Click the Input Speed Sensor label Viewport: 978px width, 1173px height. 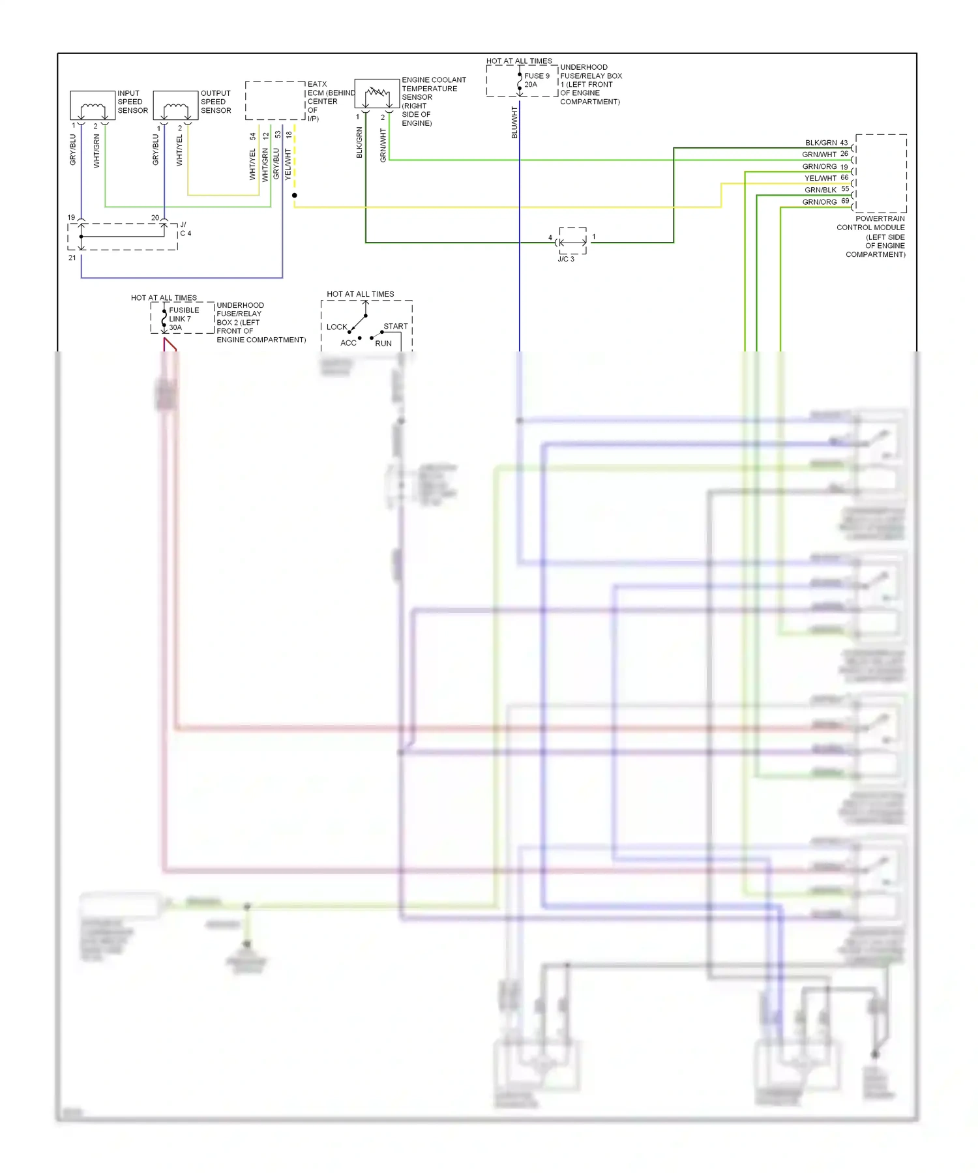pos(132,102)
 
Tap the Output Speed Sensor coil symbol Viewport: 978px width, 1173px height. pos(175,108)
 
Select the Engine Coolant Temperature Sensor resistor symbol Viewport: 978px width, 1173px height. pos(377,94)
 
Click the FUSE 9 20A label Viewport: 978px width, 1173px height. pos(537,80)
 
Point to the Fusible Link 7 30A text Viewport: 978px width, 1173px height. pos(184,319)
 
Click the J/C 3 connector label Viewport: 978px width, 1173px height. pos(566,259)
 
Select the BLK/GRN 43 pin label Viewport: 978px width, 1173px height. pos(826,143)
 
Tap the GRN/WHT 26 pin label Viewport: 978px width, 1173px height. pos(825,155)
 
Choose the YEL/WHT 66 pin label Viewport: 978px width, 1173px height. pos(826,178)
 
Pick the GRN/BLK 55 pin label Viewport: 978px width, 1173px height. pos(826,190)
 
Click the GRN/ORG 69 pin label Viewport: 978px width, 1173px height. pos(825,202)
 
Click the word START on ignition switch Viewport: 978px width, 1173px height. pos(395,326)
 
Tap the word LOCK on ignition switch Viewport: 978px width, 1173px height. pos(336,327)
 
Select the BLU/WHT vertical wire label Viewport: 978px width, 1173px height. pos(514,123)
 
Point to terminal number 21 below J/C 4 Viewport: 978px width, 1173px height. pos(72,258)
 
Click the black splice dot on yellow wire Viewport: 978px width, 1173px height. pos(295,195)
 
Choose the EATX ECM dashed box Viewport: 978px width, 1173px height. pos(275,100)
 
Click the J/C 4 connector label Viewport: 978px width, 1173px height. pos(185,229)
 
